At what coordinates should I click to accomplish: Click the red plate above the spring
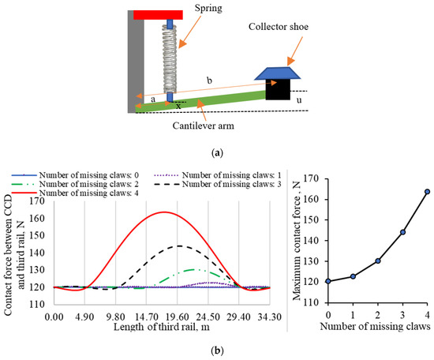pos(158,15)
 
